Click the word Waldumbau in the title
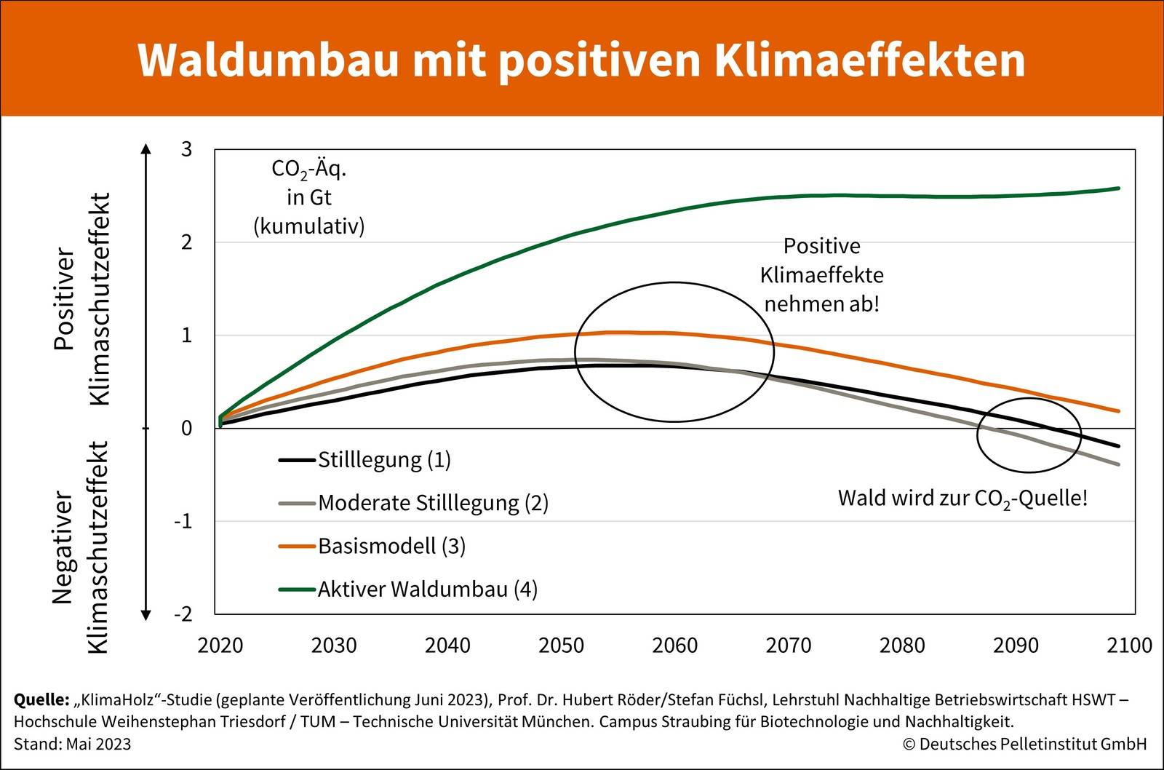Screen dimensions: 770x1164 pyautogui.click(x=268, y=60)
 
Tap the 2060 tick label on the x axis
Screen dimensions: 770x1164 pyautogui.click(x=674, y=646)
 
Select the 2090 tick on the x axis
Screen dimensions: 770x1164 pyautogui.click(x=1016, y=646)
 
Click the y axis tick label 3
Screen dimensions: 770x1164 pyautogui.click(x=186, y=149)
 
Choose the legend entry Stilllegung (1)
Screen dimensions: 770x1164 pyautogui.click(x=384, y=460)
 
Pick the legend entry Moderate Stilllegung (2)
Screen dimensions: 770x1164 pyautogui.click(x=433, y=503)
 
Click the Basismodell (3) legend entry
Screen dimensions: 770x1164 pyautogui.click(x=391, y=546)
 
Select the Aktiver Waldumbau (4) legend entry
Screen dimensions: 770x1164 pyautogui.click(x=427, y=589)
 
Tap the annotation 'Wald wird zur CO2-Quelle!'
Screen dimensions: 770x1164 pyautogui.click(x=962, y=499)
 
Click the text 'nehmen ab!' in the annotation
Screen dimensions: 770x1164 pyautogui.click(x=821, y=303)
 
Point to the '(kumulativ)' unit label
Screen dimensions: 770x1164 pyautogui.click(x=308, y=226)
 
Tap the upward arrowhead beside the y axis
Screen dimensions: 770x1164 pyautogui.click(x=146, y=149)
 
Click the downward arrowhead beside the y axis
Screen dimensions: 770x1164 pyautogui.click(x=146, y=615)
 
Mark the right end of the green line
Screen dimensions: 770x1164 pyautogui.click(x=1118, y=188)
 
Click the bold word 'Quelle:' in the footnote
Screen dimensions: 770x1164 pyautogui.click(x=41, y=700)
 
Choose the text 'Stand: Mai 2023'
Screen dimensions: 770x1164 pyautogui.click(x=73, y=744)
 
